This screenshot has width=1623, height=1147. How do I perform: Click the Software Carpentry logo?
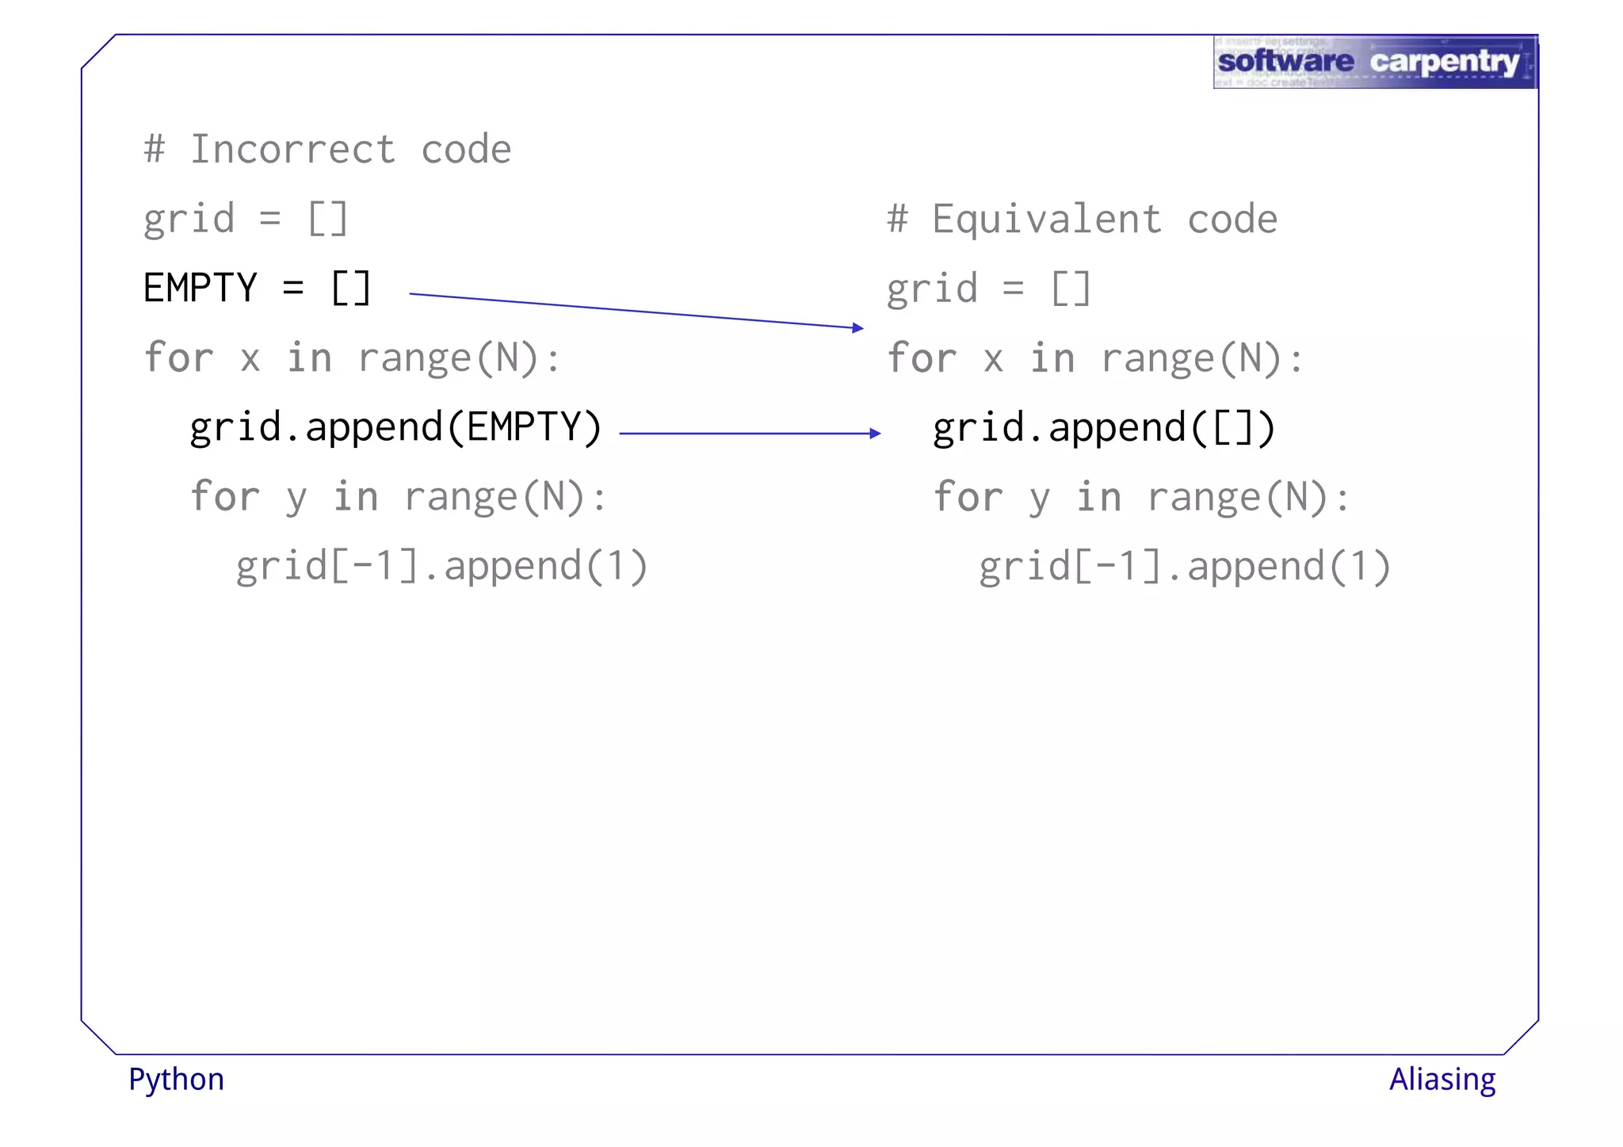point(1374,62)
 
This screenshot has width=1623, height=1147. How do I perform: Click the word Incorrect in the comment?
point(292,150)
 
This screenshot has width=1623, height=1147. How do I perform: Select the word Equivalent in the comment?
point(1046,220)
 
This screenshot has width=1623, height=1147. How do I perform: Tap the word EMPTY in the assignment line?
point(200,288)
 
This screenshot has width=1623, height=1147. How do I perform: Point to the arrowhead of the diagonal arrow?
point(858,327)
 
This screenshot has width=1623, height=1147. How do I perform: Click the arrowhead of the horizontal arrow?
point(875,434)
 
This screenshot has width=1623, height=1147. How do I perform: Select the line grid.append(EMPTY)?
point(395,428)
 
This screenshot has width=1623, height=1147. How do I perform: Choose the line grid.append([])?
point(1103,428)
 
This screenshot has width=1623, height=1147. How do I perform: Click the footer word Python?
point(176,1080)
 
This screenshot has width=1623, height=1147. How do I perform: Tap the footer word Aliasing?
point(1442,1080)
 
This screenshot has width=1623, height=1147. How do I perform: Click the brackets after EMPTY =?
point(350,288)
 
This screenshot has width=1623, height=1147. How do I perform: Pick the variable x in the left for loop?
point(250,359)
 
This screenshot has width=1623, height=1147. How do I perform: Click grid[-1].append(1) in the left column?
point(441,567)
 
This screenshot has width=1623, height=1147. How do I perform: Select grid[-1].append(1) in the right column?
point(1184,567)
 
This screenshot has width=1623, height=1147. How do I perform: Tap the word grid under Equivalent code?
point(932,289)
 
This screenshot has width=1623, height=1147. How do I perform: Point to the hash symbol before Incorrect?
point(155,150)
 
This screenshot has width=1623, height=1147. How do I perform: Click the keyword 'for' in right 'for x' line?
point(922,358)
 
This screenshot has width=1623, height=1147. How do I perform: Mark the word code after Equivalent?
point(1232,220)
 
